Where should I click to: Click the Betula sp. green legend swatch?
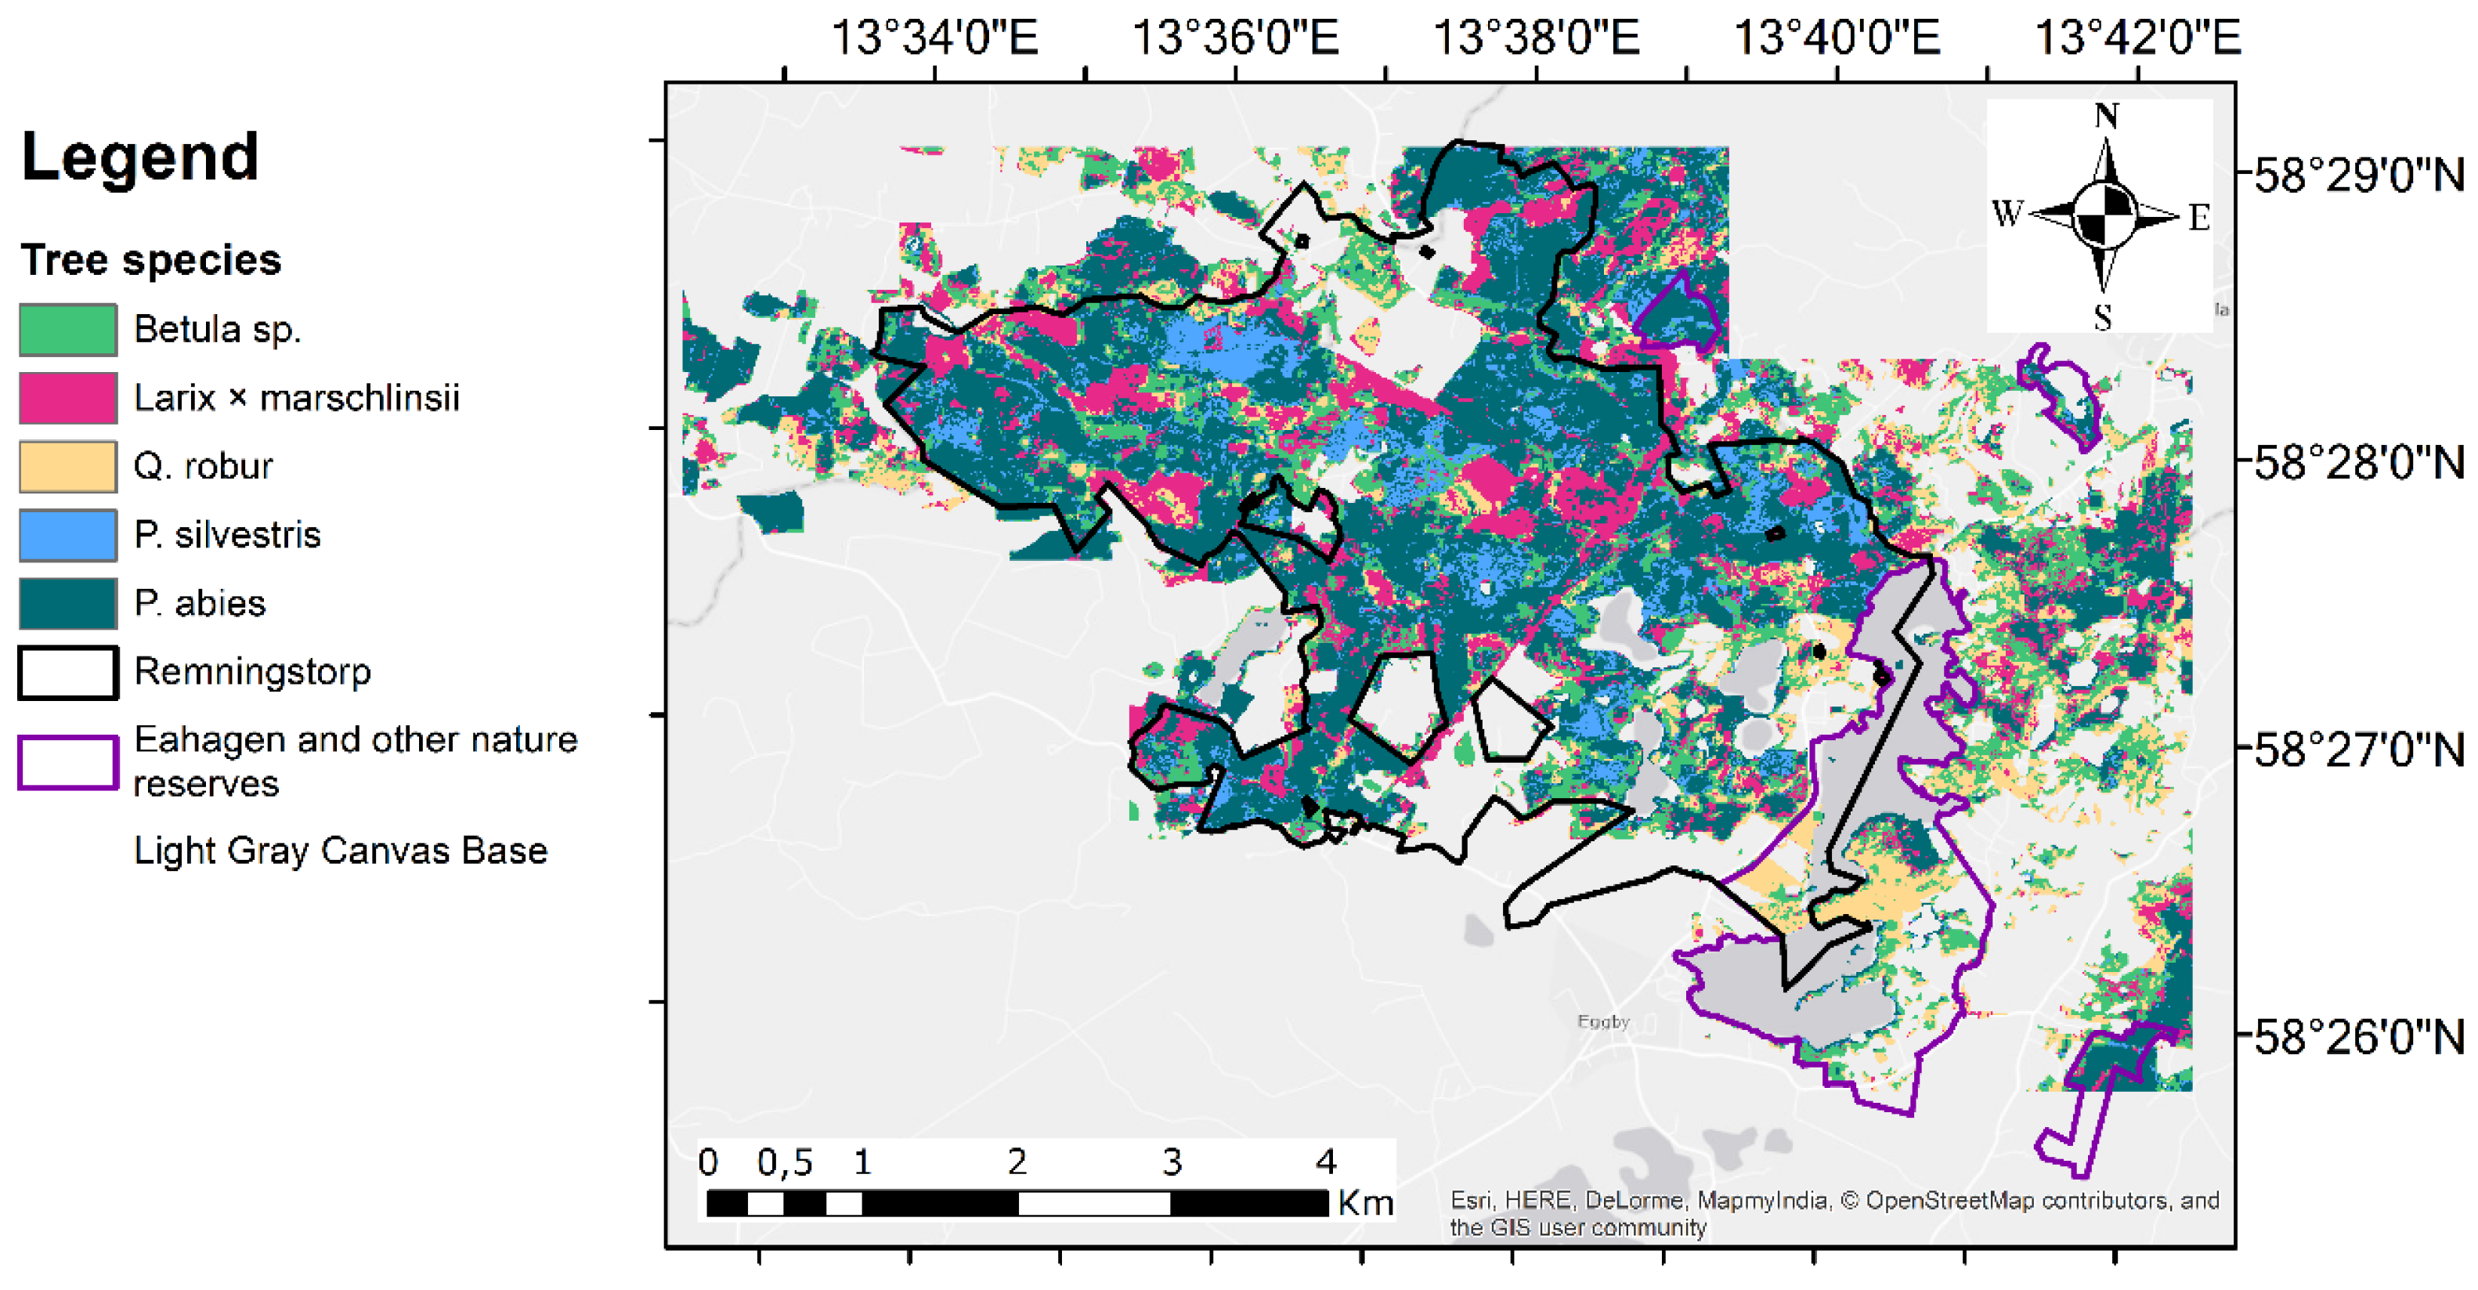pos(68,330)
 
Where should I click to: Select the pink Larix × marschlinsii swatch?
pos(68,398)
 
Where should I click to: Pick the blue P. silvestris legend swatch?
pos(68,535)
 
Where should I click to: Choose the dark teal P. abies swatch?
pos(68,603)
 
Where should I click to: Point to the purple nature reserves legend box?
pos(68,763)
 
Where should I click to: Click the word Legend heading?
pos(140,157)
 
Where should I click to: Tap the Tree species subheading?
pos(151,261)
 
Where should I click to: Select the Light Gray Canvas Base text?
pos(341,851)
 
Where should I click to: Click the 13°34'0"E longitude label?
pos(934,38)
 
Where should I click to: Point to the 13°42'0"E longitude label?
pos(2137,38)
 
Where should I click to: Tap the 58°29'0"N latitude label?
pos(2360,176)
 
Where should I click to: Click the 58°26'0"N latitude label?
pos(2360,1038)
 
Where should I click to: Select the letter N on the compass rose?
pos(2107,117)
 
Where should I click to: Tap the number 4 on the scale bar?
pos(1326,1163)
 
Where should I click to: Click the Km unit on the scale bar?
pos(1365,1203)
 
